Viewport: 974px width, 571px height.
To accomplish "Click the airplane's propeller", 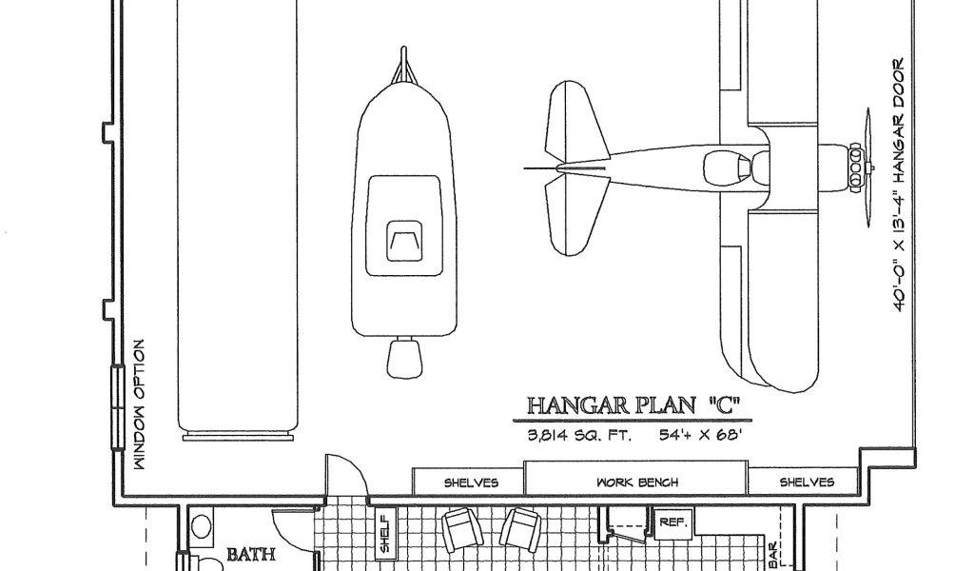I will click(867, 167).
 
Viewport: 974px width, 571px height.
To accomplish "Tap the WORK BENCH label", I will click(636, 482).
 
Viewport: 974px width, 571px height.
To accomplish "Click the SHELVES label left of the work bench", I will click(471, 482).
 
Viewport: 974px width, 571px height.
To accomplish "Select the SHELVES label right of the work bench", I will click(807, 482).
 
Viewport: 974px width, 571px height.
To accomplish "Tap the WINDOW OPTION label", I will click(139, 405).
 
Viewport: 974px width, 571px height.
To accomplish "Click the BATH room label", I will click(250, 553).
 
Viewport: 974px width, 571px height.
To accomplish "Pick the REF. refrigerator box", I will click(673, 522).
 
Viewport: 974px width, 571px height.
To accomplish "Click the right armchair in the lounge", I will click(522, 528).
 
